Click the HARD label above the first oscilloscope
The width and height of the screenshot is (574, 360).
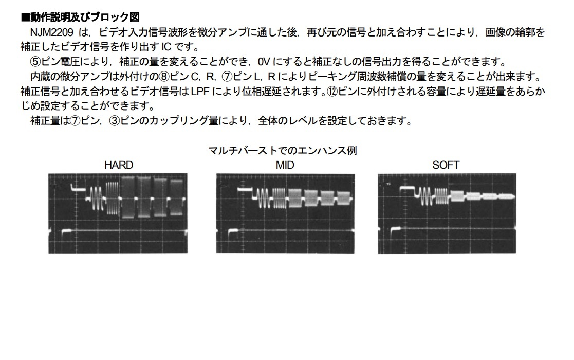[x=119, y=165]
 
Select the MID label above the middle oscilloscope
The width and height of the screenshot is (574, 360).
[x=285, y=165]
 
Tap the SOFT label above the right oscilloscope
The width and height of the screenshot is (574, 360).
[x=446, y=165]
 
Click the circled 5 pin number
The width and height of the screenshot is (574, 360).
[x=35, y=62]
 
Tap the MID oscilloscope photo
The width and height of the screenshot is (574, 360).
[x=285, y=213]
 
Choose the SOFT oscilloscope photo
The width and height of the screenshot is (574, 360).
[x=447, y=213]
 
